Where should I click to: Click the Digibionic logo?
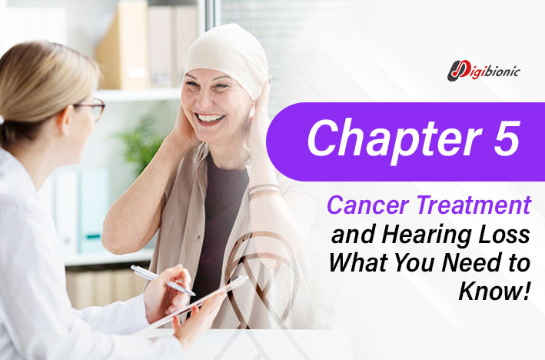484,71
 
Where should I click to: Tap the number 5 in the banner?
507,138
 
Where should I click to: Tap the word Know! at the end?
495,292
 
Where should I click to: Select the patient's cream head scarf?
227,58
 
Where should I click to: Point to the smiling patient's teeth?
211,118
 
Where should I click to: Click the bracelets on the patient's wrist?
265,191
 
